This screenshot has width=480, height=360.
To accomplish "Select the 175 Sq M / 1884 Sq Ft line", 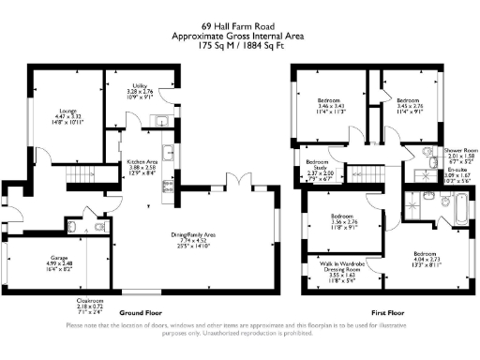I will pyautogui.click(x=240, y=44).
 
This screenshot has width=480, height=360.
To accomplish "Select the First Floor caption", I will pyautogui.click(x=387, y=312).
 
